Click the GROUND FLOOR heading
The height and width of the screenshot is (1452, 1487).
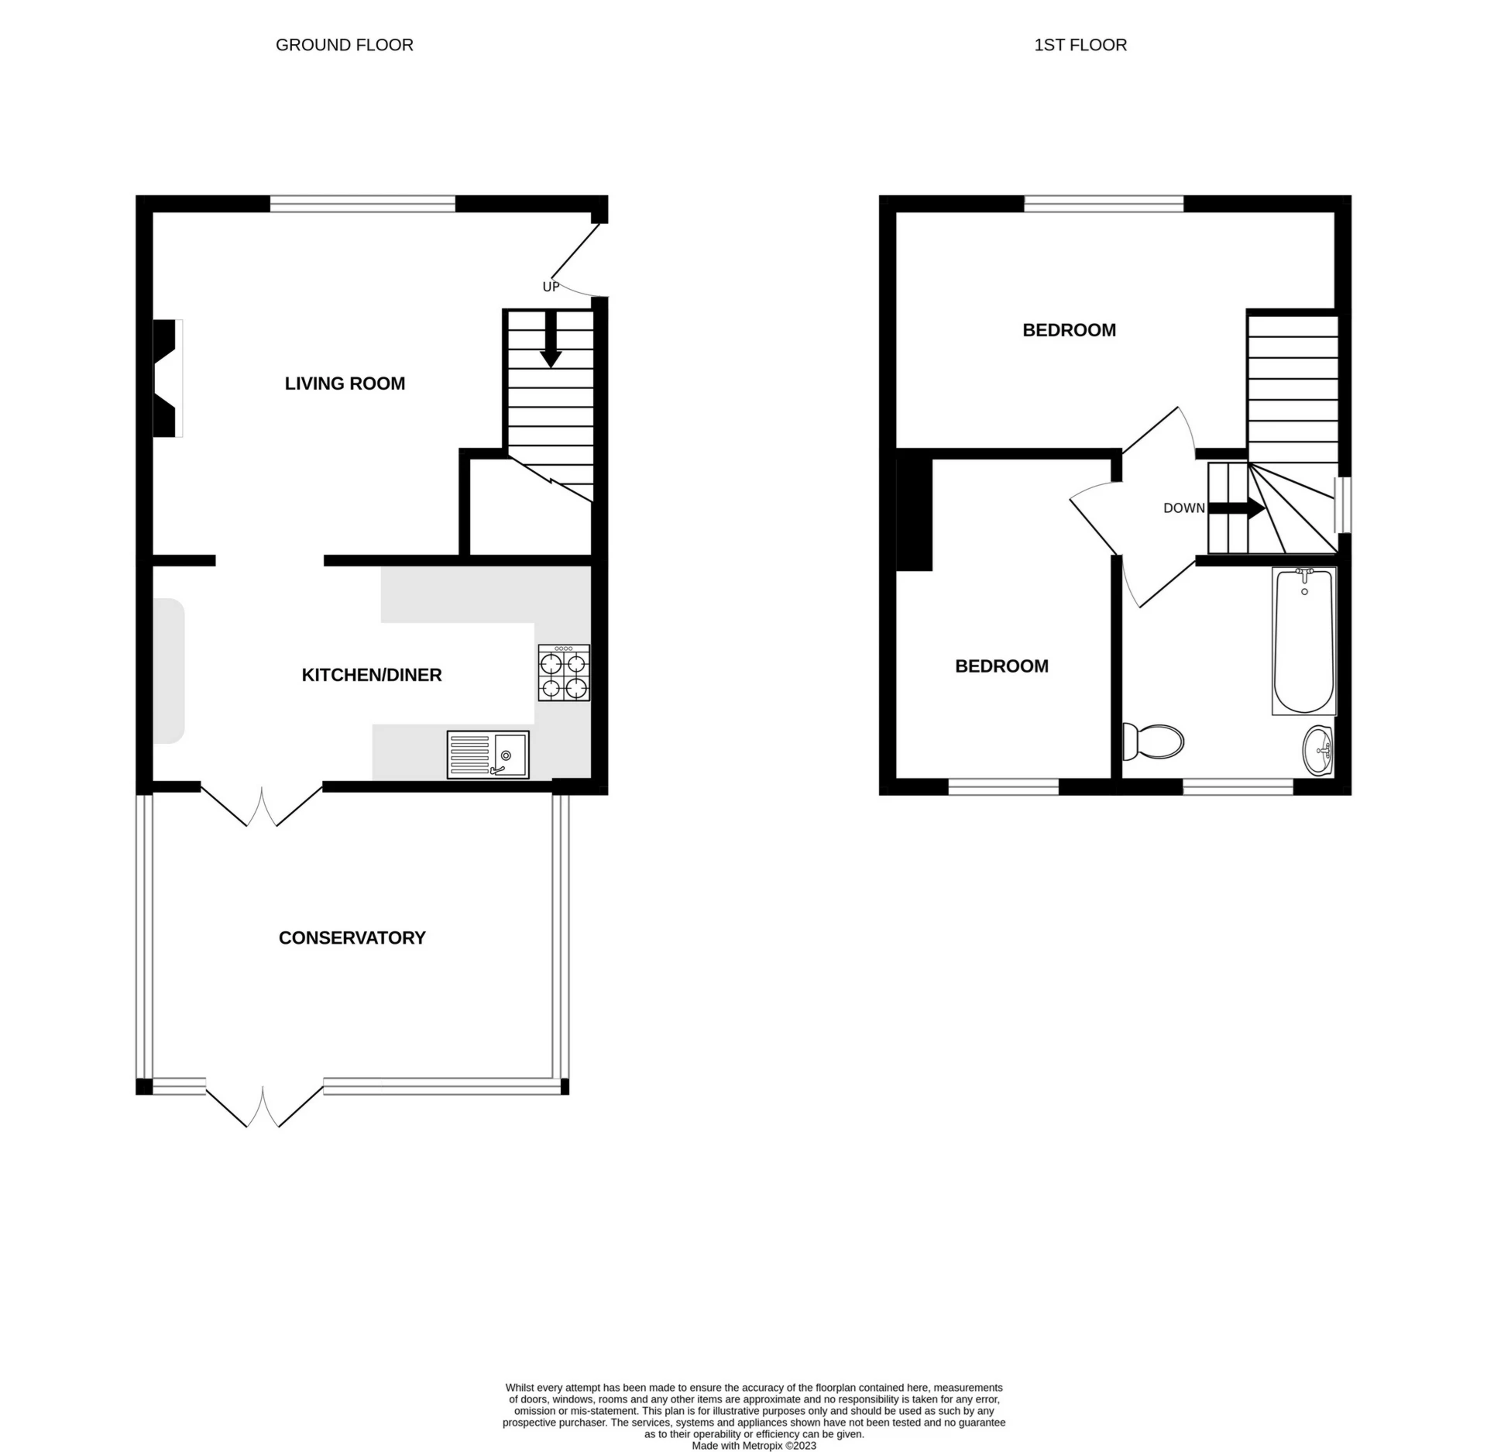click(x=344, y=45)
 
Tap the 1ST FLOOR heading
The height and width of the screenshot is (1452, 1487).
click(x=1080, y=45)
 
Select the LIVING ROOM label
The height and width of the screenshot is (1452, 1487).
click(x=345, y=384)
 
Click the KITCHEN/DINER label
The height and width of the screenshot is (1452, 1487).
click(x=371, y=675)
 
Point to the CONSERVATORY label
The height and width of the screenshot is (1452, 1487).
click(x=352, y=938)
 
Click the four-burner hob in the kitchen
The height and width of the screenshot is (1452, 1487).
click(x=564, y=673)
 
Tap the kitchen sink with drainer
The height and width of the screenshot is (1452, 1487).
click(x=488, y=755)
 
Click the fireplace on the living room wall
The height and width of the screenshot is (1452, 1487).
click(x=166, y=378)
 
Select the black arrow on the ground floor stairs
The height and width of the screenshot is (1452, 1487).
click(x=551, y=341)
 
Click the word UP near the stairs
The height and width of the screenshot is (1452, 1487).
click(x=551, y=287)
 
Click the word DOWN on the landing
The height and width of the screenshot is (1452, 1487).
click(x=1183, y=508)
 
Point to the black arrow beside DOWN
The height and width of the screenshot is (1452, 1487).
click(x=1237, y=508)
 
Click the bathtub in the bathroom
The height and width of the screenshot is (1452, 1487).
click(x=1304, y=642)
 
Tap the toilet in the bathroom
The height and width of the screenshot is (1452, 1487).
click(x=1154, y=741)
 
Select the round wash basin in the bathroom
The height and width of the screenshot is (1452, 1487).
click(x=1318, y=749)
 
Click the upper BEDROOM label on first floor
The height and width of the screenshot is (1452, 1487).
click(x=1069, y=330)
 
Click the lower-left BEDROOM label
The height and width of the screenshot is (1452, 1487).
click(x=1001, y=666)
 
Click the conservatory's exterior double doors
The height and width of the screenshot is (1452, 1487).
click(x=263, y=1106)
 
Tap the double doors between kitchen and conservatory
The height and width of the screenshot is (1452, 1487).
click(x=262, y=806)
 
